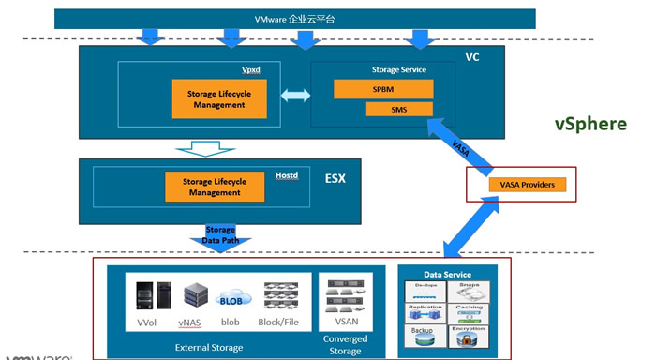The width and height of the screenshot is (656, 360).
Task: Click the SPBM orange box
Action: pos(383,89)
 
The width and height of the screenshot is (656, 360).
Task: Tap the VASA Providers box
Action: pos(528,185)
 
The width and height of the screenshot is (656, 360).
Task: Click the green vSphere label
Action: pos(590,125)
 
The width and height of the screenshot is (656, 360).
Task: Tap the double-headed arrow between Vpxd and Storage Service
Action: pos(295,96)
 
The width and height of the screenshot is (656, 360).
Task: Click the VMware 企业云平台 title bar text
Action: pos(293,19)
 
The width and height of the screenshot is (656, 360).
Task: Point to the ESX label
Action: pos(335,178)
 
